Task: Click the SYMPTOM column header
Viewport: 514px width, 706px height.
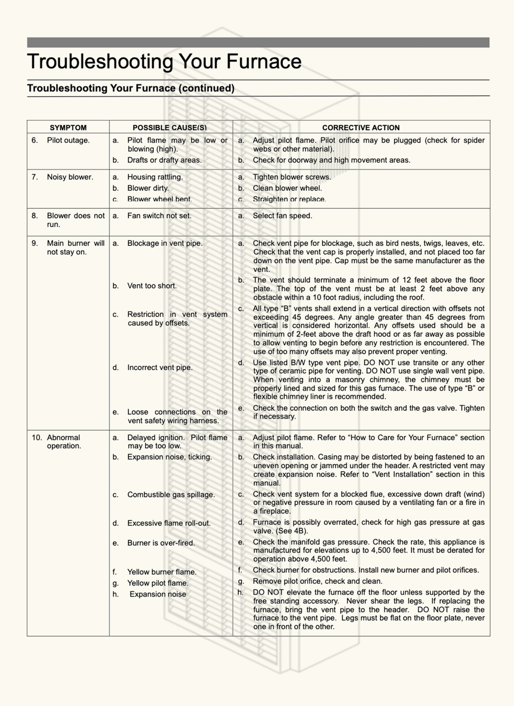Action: [68, 128]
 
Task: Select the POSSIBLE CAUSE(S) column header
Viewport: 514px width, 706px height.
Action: [169, 128]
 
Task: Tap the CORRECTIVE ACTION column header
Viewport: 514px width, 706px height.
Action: [361, 128]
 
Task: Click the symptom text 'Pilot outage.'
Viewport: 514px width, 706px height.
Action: [68, 140]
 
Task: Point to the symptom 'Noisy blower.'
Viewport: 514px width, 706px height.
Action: [70, 177]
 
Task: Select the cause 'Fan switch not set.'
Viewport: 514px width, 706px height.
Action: [159, 216]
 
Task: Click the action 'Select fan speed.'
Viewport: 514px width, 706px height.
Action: [282, 216]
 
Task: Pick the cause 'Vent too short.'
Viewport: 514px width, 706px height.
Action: [152, 286]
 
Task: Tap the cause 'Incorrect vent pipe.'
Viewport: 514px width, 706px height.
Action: [160, 367]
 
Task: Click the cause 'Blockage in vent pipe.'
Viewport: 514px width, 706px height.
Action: [165, 243]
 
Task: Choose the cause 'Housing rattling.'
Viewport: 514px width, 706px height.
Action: [155, 177]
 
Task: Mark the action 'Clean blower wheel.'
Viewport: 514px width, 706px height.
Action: [287, 188]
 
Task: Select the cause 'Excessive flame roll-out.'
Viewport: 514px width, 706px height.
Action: [169, 523]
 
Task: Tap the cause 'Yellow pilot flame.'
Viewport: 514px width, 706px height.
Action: [158, 583]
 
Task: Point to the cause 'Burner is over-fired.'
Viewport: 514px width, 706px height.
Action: [161, 543]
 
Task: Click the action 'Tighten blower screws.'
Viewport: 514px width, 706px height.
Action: [292, 177]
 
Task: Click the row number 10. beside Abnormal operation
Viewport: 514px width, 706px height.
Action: [36, 437]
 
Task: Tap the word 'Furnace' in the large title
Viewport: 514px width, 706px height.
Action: [264, 61]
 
